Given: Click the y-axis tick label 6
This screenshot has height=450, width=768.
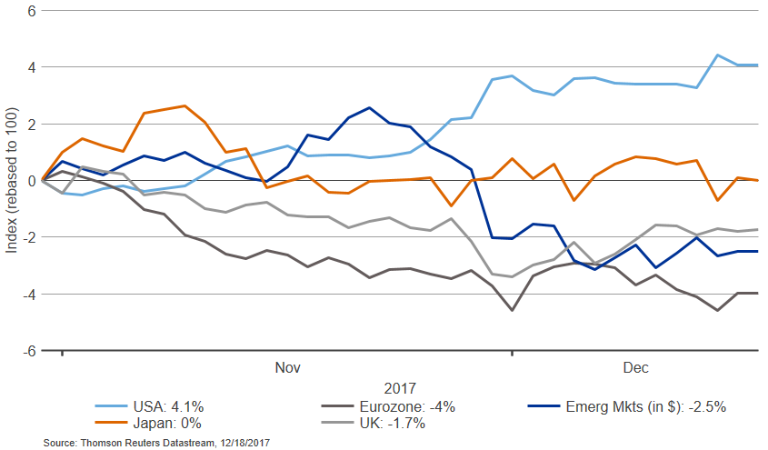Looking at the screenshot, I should pyautogui.click(x=30, y=11).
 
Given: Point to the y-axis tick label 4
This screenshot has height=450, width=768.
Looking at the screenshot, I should pyautogui.click(x=30, y=67).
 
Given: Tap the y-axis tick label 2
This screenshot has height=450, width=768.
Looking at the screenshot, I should pyautogui.click(x=30, y=124).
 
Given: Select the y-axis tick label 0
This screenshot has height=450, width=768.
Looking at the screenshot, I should pyautogui.click(x=30, y=180).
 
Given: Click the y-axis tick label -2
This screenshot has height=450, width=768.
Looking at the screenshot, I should pyautogui.click(x=27, y=237).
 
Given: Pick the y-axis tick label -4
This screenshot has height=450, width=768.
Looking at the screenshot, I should pyautogui.click(x=27, y=294).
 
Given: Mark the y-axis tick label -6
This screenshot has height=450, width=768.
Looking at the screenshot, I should pyautogui.click(x=27, y=350).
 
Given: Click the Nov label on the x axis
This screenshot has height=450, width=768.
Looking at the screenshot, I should pyautogui.click(x=287, y=367).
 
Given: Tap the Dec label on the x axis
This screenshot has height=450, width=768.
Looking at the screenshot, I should pyautogui.click(x=635, y=367).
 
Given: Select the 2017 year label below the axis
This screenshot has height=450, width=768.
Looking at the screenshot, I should pyautogui.click(x=400, y=386).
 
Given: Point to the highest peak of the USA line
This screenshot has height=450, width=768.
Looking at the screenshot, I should pyautogui.click(x=718, y=55).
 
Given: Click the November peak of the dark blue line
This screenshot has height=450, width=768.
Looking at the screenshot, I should pyautogui.click(x=368, y=107).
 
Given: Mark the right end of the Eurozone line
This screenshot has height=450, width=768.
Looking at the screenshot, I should pyautogui.click(x=758, y=293).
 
